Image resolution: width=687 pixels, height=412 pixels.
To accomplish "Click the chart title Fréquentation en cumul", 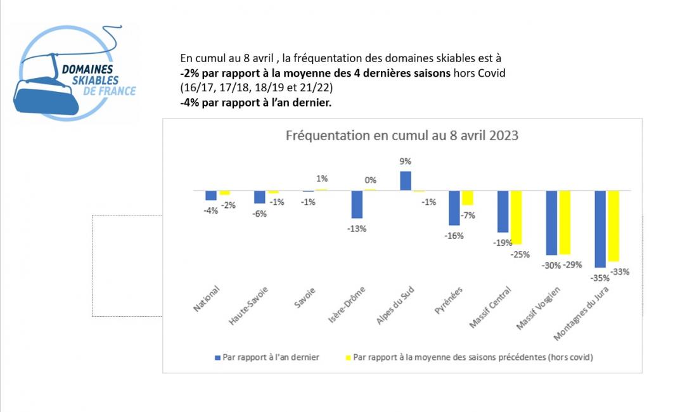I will click(402, 136).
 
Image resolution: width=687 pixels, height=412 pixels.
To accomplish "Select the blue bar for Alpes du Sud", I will click(406, 181).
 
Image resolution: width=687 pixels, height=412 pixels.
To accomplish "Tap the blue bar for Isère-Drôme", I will click(357, 204).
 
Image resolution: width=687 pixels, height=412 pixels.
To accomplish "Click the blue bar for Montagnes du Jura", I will click(600, 228).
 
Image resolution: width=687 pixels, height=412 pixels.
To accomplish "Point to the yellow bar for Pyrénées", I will click(467, 198).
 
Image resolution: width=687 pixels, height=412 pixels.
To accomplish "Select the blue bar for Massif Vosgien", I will click(551, 222).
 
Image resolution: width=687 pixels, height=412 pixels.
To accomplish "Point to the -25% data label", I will click(520, 255).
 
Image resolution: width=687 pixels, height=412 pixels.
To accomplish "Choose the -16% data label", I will click(454, 236).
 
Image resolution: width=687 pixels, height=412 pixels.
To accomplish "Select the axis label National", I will click(207, 299).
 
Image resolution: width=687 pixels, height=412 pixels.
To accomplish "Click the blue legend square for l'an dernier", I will click(217, 357).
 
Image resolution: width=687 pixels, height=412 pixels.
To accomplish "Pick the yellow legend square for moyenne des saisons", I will click(347, 357).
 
